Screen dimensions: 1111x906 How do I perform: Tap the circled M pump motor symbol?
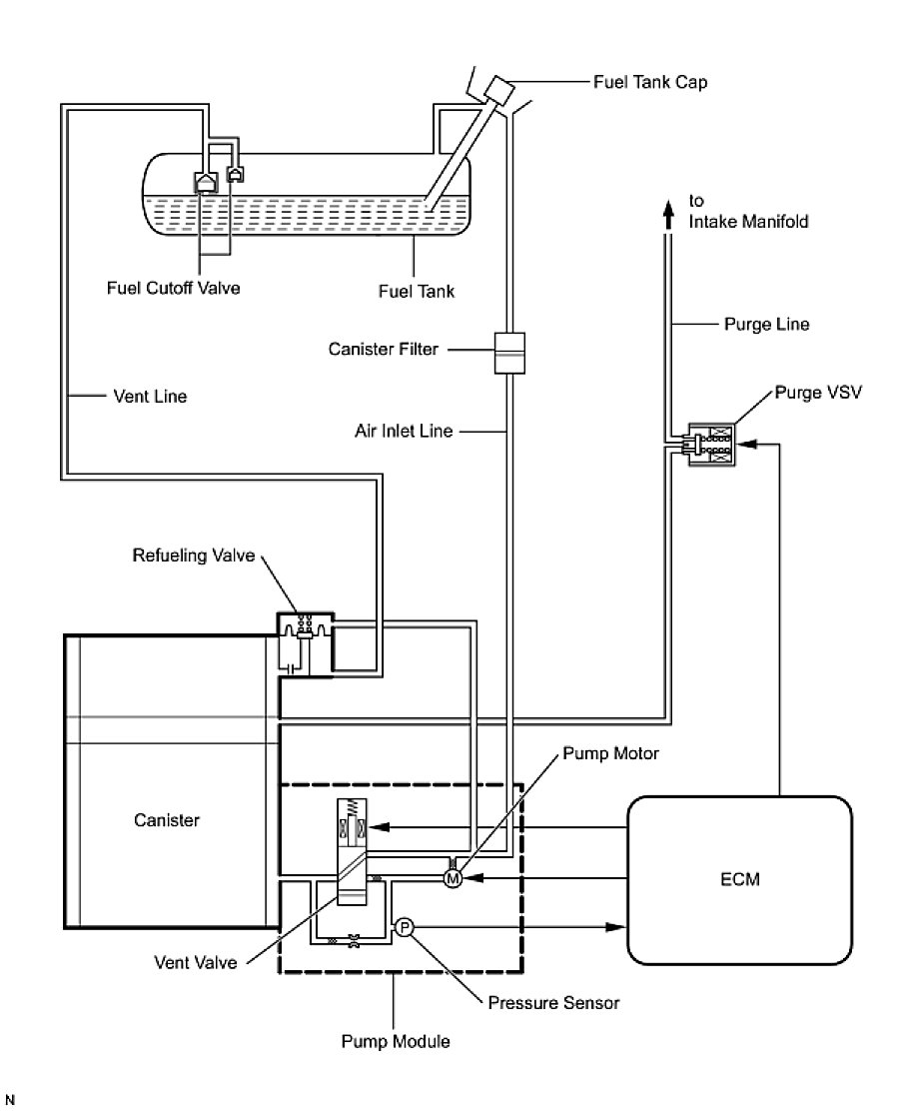point(452,878)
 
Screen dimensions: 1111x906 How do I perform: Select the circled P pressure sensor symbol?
point(405,927)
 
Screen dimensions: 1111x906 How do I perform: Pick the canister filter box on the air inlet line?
point(509,355)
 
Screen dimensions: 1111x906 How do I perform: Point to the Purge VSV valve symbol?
point(710,444)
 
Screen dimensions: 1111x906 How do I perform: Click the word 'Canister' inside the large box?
point(166,821)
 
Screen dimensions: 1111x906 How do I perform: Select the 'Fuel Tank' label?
point(416,292)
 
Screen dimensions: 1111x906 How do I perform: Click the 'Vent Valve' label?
point(196,964)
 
